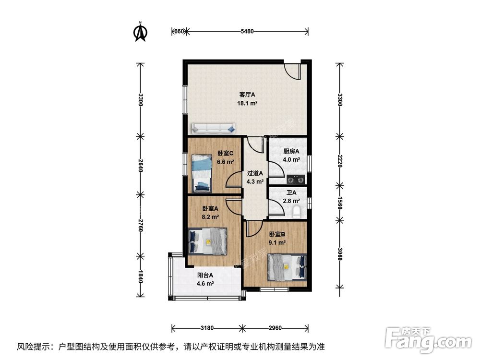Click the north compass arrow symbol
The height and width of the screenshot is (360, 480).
(x=140, y=31)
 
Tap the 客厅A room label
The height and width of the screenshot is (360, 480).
(x=248, y=95)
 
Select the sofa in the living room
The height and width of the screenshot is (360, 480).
(x=214, y=129)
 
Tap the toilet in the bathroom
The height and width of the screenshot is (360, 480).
(x=296, y=211)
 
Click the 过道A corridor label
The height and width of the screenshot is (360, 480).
(x=254, y=173)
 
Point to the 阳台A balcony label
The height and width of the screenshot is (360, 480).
(x=205, y=276)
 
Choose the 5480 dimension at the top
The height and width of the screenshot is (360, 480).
(x=247, y=32)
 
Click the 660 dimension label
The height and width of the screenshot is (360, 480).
(x=178, y=32)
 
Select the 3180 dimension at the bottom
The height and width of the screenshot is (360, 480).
(x=207, y=328)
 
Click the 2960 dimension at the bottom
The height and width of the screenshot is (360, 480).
(x=275, y=328)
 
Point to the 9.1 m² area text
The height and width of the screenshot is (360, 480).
(x=277, y=242)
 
